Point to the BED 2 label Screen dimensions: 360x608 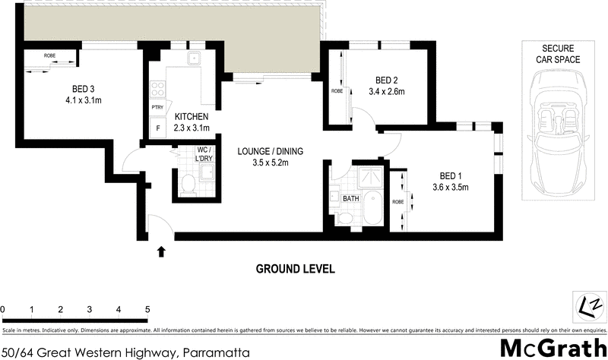[386, 80]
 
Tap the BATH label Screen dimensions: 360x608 [350, 199]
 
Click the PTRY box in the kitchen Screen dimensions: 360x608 [158, 108]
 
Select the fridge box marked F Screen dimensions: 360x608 [158, 128]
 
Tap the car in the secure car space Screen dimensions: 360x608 [555, 134]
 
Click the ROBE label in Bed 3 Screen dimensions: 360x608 [49, 55]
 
